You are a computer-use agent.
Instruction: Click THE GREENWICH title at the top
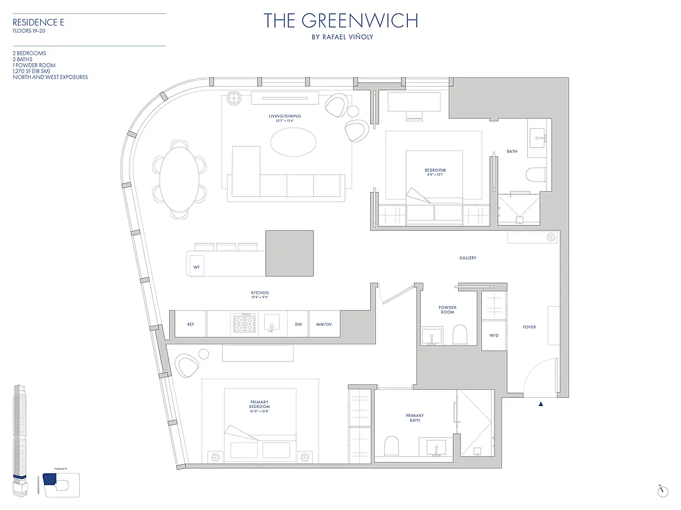tap(341, 20)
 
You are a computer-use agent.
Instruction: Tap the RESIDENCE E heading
tap(38, 22)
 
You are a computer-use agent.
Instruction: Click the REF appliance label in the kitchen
tap(190, 324)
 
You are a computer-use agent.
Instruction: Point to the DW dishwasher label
tap(298, 324)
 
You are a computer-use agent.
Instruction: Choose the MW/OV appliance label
tap(324, 324)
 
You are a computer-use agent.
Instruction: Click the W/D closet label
tap(494, 335)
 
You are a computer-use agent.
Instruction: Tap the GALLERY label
tap(468, 258)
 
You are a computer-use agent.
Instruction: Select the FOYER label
tap(529, 327)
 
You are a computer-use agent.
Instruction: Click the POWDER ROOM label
tap(447, 310)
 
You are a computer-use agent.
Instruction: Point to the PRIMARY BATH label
tap(415, 418)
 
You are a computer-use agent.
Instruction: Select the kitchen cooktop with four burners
tap(244, 323)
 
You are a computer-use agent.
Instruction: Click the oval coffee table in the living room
tap(293, 141)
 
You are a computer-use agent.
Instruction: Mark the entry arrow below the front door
tap(541, 404)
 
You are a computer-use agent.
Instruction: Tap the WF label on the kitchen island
tap(197, 267)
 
